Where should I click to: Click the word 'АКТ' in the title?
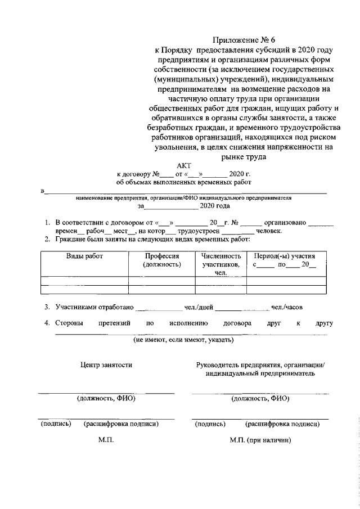[184, 165]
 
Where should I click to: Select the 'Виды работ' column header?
[85, 256]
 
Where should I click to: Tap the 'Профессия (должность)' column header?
[162, 260]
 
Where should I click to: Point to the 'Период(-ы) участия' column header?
[285, 256]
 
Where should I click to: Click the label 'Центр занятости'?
[106, 365]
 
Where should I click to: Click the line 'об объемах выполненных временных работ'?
[183, 182]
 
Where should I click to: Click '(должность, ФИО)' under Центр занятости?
[106, 399]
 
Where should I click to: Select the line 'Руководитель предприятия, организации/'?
[260, 365]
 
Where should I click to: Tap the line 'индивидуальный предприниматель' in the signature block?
[260, 373]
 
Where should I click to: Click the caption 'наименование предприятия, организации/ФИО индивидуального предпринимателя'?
[184, 199]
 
